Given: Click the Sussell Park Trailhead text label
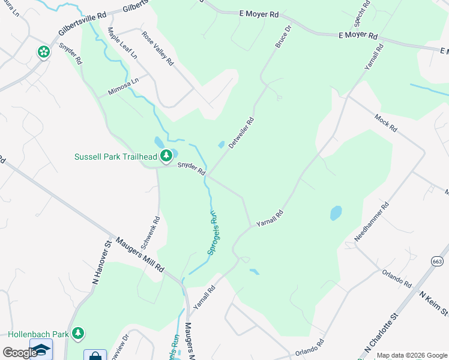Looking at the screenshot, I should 115,157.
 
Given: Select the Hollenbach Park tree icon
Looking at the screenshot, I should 77,333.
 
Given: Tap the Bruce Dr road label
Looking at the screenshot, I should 283,37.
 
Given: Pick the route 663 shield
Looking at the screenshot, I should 437,261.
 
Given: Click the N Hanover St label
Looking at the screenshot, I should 103,262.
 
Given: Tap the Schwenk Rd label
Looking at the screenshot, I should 149,233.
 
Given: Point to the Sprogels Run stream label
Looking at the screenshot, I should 212,232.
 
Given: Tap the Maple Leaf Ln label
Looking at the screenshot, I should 122,43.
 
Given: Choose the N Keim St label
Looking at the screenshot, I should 433,304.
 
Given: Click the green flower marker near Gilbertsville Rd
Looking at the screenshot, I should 43,53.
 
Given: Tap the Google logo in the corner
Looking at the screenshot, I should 20,352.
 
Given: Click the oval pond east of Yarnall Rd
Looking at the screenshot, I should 336,213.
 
